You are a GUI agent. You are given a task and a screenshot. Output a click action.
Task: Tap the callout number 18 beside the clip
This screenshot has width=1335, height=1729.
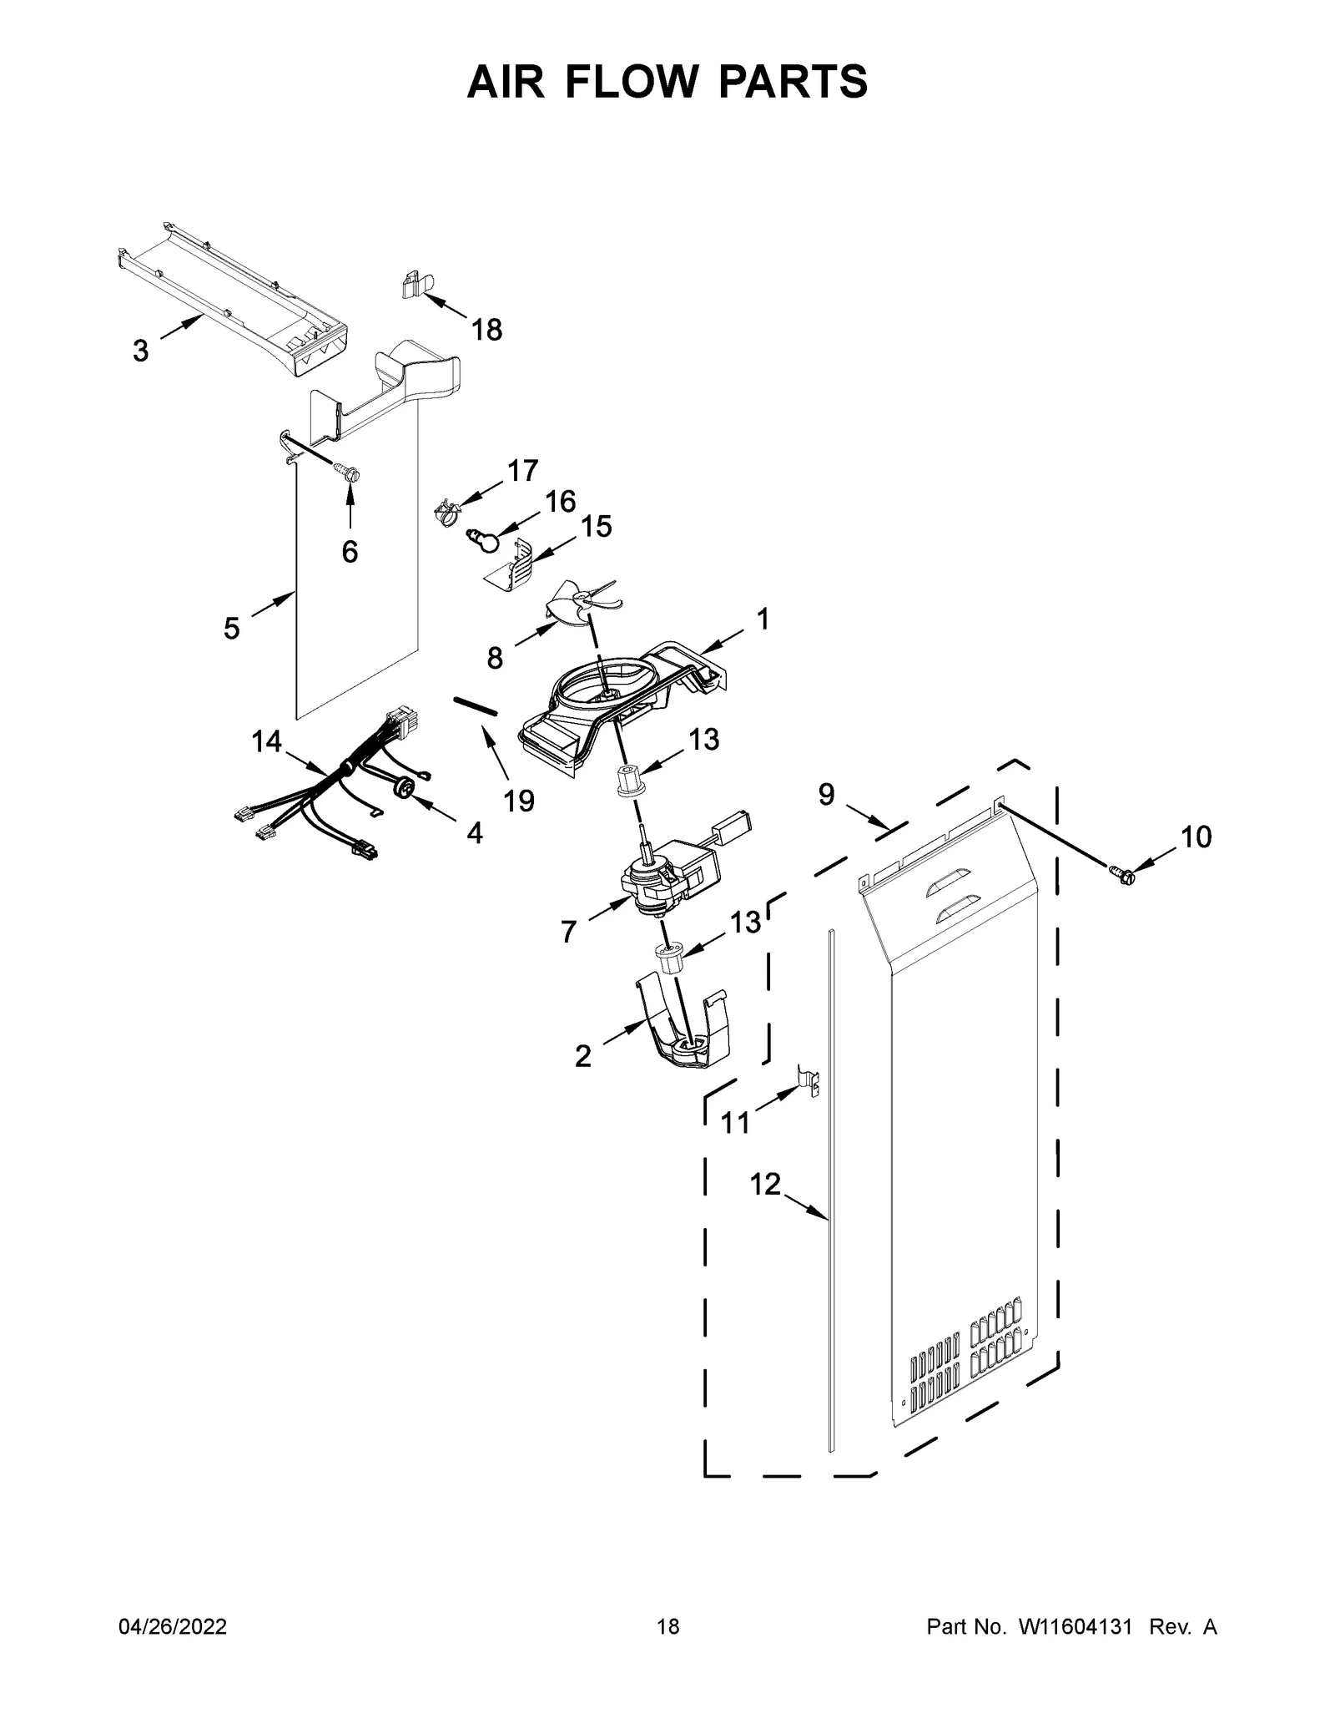pos(487,331)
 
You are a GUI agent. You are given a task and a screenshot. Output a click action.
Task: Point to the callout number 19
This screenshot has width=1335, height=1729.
pos(518,801)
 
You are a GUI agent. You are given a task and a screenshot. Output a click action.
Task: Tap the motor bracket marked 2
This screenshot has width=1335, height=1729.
pos(684,1034)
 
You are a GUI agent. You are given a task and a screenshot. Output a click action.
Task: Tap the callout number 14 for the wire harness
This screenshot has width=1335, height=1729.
pos(267,741)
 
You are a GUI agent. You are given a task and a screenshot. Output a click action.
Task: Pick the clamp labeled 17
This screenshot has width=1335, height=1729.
pos(448,512)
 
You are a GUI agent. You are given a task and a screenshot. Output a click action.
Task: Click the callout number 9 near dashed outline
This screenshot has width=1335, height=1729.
pos(826,795)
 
